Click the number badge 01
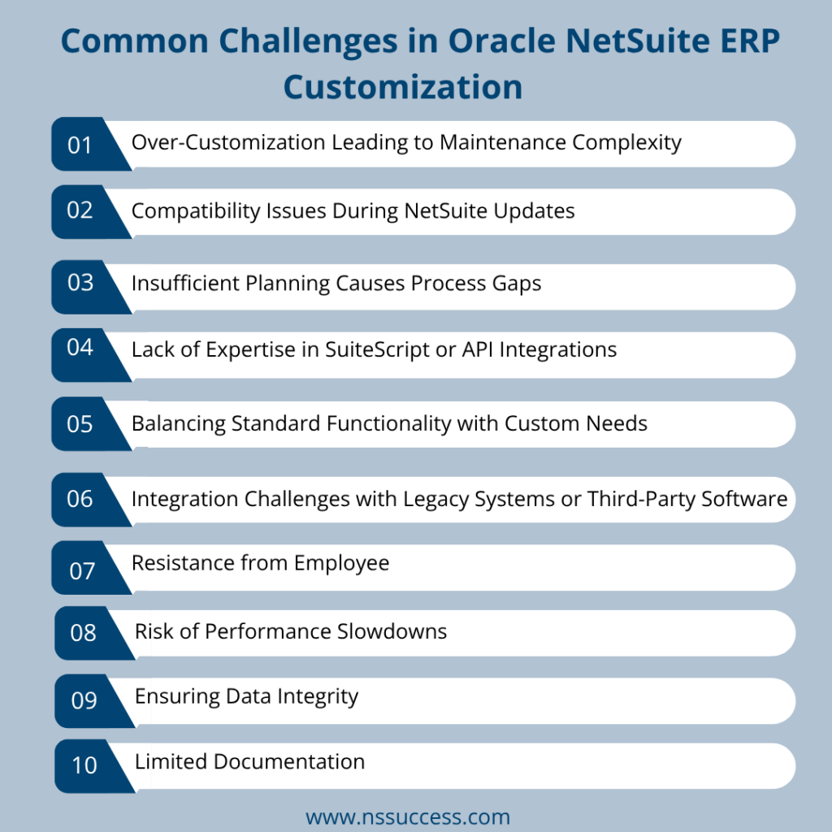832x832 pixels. (80, 145)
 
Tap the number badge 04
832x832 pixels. (80, 348)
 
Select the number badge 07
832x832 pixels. (82, 571)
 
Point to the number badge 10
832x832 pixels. (84, 765)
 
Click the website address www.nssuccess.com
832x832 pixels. (408, 816)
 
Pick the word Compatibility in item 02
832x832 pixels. (193, 211)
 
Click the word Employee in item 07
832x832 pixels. (343, 562)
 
